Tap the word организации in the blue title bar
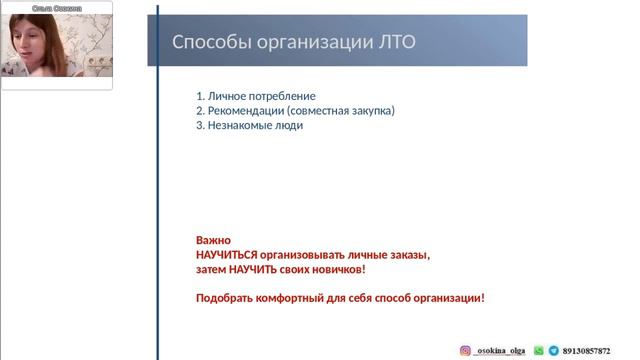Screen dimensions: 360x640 [306, 42]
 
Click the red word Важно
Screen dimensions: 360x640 [213, 241]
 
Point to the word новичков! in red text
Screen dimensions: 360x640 [341, 270]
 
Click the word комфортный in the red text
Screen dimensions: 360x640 [293, 298]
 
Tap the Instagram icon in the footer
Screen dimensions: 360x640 [465, 351]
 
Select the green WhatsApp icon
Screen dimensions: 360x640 [539, 351]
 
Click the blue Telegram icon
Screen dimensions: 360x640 [553, 351]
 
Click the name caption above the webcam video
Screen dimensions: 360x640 [57, 7]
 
